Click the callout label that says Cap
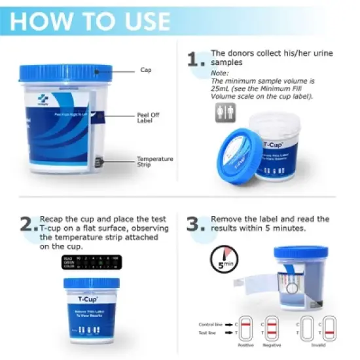[x=145, y=70]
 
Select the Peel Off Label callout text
[x=145, y=117]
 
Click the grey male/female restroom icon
[x=225, y=114]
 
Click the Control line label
[x=212, y=324]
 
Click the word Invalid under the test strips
[x=319, y=344]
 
